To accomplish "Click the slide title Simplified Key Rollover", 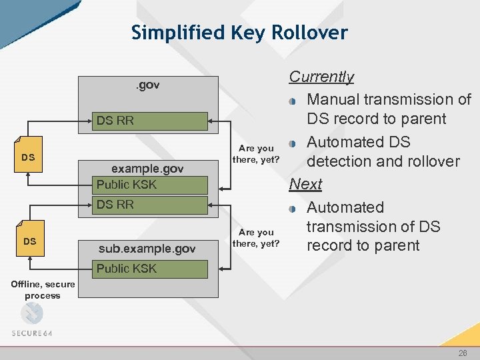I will pyautogui.click(x=239, y=32).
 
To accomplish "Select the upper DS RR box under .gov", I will pyautogui.click(x=149, y=121).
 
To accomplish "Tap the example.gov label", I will pyautogui.click(x=147, y=169).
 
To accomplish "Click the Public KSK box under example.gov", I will pyautogui.click(x=149, y=185).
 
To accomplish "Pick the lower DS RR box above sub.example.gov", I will pyautogui.click(x=149, y=205).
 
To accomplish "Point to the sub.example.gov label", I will pyautogui.click(x=147, y=249).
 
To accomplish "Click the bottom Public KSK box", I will pyautogui.click(x=149, y=269).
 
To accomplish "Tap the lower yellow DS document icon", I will pyautogui.click(x=30, y=239).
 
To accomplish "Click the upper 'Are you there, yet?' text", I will pyautogui.click(x=256, y=154).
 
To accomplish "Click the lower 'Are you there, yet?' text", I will pyautogui.click(x=256, y=237).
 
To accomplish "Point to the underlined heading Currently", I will pyautogui.click(x=321, y=77).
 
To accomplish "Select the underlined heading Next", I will pyautogui.click(x=305, y=184).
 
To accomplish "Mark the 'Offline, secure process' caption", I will pyautogui.click(x=42, y=290).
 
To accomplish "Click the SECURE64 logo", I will pyautogui.click(x=31, y=320).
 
